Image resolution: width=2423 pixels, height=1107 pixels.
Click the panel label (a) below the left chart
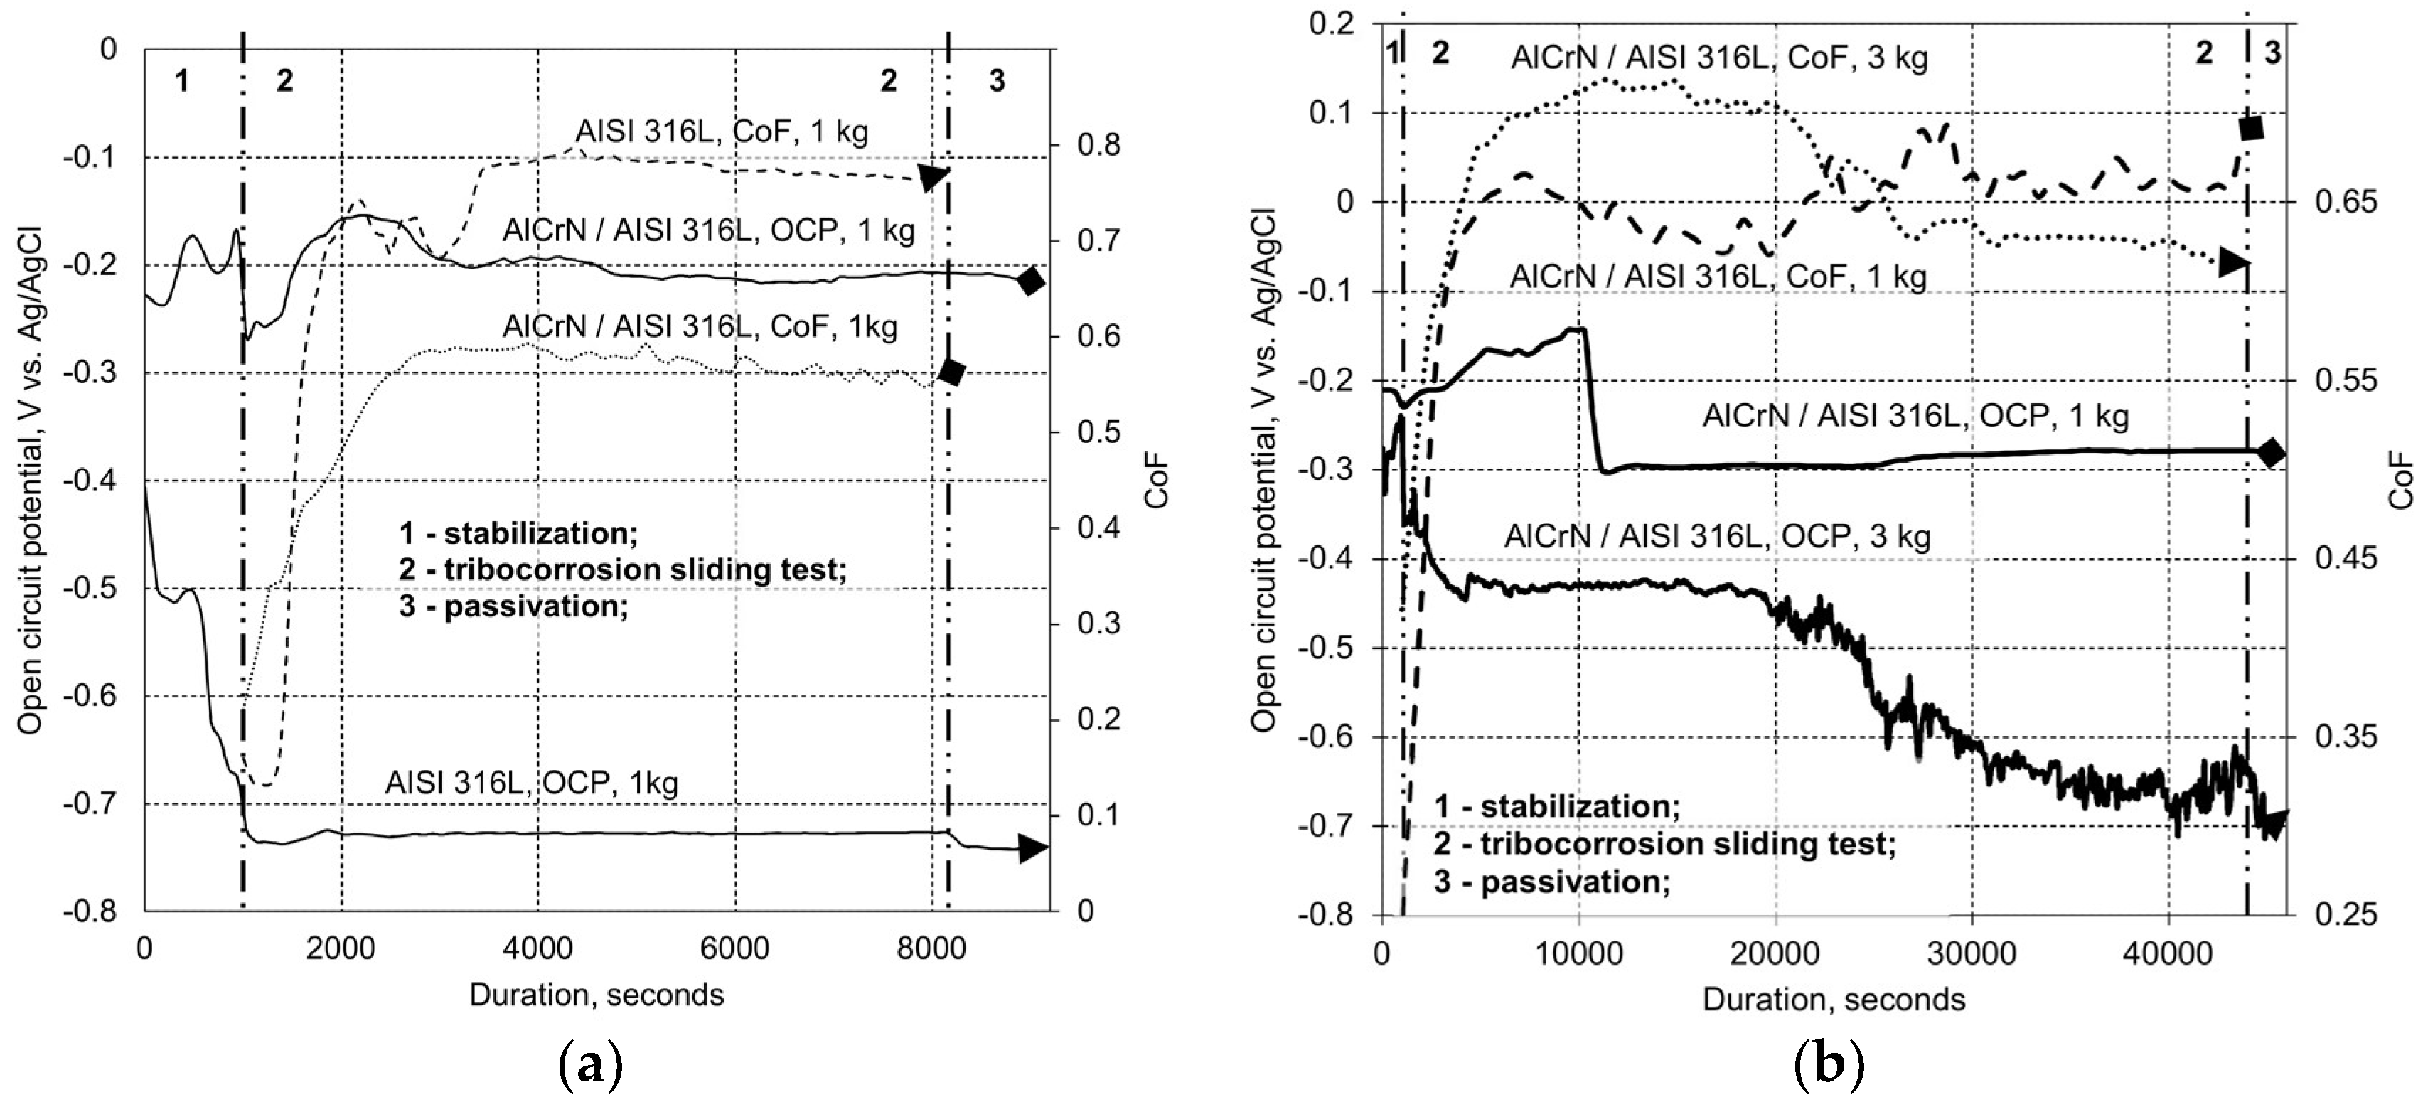pyautogui.click(x=592, y=1069)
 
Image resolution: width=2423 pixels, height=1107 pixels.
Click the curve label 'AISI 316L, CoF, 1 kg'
pyautogui.click(x=722, y=131)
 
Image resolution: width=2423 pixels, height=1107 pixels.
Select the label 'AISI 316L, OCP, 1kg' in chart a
pyautogui.click(x=531, y=783)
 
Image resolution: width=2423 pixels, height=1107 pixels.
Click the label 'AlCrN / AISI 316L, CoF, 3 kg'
pyautogui.click(x=1718, y=58)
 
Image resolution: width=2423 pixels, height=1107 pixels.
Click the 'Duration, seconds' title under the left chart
pyautogui.click(x=597, y=995)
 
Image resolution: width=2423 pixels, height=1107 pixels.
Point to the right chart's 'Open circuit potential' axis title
pyautogui.click(x=1263, y=470)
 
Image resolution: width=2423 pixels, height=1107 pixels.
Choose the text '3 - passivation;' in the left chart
pyautogui.click(x=513, y=606)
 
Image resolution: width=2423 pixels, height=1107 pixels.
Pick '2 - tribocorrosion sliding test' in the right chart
pyautogui.click(x=1663, y=844)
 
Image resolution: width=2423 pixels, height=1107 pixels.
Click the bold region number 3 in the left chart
pyautogui.click(x=997, y=82)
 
